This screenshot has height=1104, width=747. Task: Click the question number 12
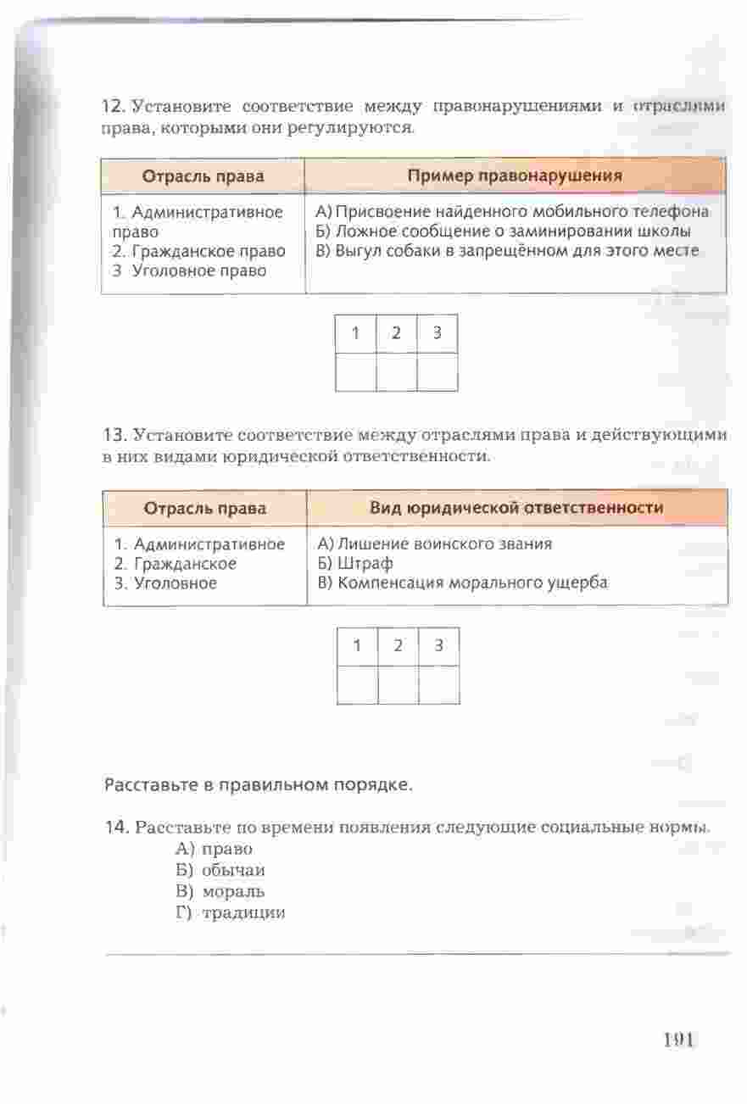pyautogui.click(x=113, y=107)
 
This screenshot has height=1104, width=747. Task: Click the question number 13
pyautogui.click(x=114, y=436)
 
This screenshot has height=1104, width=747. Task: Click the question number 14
pyautogui.click(x=115, y=827)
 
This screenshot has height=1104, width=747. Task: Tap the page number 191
pyautogui.click(x=678, y=1040)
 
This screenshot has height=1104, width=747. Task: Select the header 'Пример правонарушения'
pyautogui.click(x=515, y=176)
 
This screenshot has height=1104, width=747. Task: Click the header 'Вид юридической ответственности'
pyautogui.click(x=516, y=508)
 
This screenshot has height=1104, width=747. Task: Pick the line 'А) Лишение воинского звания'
pyautogui.click(x=434, y=544)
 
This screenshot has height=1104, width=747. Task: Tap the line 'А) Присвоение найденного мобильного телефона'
pyautogui.click(x=511, y=211)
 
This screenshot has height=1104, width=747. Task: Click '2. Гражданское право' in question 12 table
pyautogui.click(x=198, y=251)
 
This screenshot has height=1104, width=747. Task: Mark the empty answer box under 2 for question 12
pyautogui.click(x=396, y=371)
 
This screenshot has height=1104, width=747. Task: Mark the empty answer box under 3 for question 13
pyautogui.click(x=438, y=685)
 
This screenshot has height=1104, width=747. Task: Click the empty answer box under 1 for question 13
pyautogui.click(x=357, y=685)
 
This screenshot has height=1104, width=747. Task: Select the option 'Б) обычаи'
pyautogui.click(x=220, y=870)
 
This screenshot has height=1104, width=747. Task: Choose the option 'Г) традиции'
pyautogui.click(x=231, y=912)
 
